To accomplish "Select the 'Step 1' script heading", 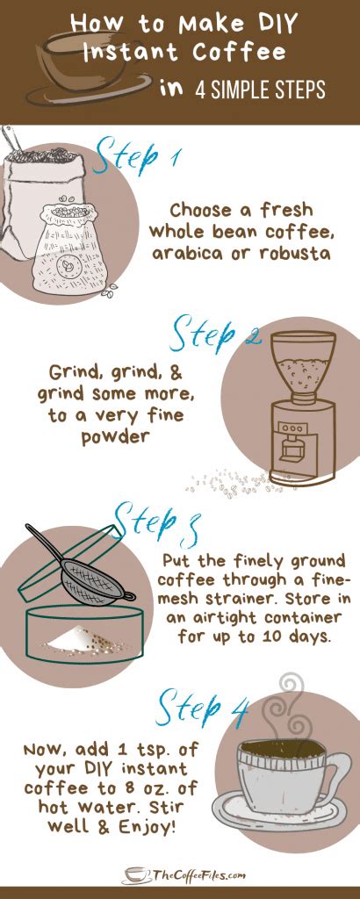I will point(140,160).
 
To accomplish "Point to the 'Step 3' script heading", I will point(159,521).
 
